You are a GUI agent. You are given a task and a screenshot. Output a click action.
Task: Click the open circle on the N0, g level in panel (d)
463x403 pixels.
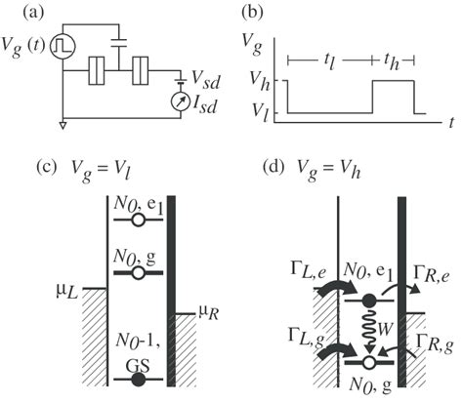(369, 361)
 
